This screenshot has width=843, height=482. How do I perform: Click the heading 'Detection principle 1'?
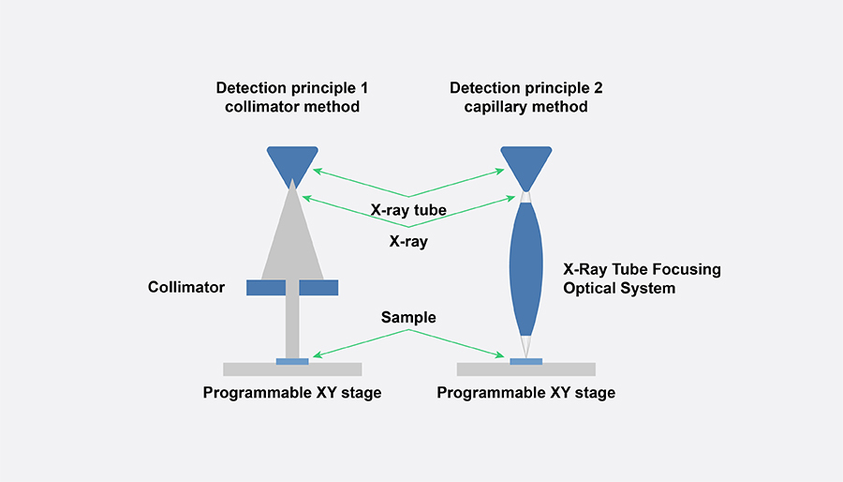tap(292, 88)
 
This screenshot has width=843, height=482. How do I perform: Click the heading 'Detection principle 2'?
tap(526, 88)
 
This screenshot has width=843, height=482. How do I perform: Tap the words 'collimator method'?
tap(292, 107)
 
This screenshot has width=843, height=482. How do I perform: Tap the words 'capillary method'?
tap(526, 107)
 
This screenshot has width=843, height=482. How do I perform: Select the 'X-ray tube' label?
tap(409, 211)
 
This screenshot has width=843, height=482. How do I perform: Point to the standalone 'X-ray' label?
tap(409, 240)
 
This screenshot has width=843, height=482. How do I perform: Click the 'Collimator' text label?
tap(186, 287)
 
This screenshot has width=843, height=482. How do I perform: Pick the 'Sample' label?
tap(409, 318)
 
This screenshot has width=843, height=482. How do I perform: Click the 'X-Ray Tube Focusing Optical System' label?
tap(642, 279)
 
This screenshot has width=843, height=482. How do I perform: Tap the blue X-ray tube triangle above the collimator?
tap(292, 161)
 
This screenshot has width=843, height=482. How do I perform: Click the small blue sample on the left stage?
tap(292, 361)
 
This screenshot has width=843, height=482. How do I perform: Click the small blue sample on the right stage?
tap(526, 361)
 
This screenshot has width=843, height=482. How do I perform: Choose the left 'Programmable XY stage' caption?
tap(292, 392)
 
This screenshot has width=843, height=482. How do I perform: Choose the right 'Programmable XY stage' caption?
tap(526, 392)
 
